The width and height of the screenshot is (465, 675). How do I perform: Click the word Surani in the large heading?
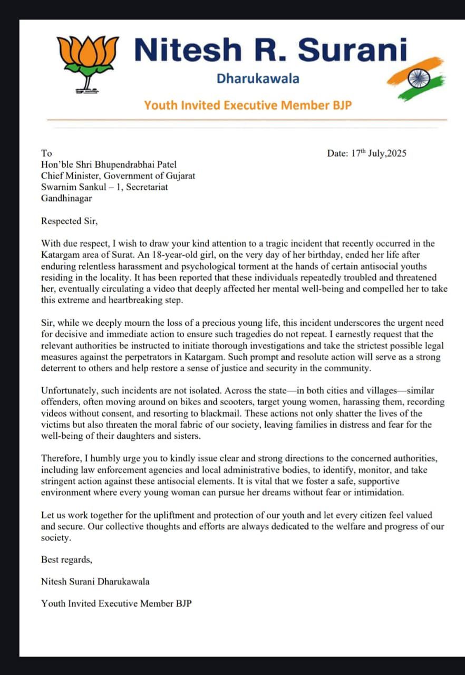(353, 51)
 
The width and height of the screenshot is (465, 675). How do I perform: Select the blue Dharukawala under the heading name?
(258, 79)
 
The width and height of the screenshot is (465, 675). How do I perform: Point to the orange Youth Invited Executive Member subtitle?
(248, 105)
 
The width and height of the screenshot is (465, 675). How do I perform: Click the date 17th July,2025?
(367, 153)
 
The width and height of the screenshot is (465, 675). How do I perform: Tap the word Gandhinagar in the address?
(66, 198)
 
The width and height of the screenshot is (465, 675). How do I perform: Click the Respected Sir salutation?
(68, 221)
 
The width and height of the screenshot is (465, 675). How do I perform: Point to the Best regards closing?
(66, 560)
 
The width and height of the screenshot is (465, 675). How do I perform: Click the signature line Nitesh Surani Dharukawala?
(95, 582)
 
